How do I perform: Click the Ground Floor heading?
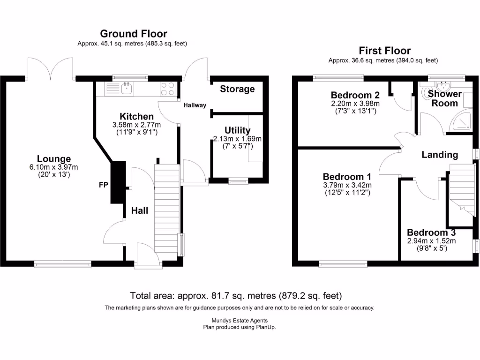(134, 34)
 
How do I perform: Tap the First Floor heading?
(384, 51)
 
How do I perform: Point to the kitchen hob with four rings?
(168, 89)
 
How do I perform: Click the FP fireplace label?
(103, 185)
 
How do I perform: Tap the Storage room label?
(237, 89)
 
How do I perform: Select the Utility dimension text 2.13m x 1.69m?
(237, 139)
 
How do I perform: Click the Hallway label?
(195, 105)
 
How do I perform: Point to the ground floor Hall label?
(139, 210)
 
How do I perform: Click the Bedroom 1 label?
(347, 177)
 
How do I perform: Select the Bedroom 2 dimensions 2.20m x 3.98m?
(355, 104)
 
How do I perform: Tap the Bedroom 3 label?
(431, 232)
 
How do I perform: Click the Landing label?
(439, 155)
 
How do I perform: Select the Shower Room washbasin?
(442, 85)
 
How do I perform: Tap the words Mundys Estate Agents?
(239, 321)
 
